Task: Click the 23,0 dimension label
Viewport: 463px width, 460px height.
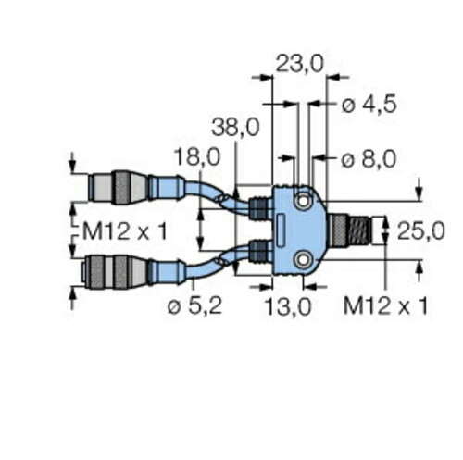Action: click(x=299, y=64)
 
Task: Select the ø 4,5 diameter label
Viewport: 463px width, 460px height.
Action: click(x=369, y=105)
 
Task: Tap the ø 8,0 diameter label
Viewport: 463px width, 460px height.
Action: click(x=369, y=160)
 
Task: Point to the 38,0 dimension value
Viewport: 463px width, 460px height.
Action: click(x=235, y=128)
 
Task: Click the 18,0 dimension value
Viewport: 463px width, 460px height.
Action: click(x=197, y=156)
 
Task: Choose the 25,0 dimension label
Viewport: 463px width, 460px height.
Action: click(x=420, y=230)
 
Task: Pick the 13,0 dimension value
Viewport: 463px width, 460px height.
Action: click(x=288, y=307)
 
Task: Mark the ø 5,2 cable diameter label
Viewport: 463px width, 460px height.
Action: click(x=194, y=306)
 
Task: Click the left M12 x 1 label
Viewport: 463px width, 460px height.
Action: click(x=125, y=231)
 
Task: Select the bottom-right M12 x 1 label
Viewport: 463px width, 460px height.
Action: click(x=385, y=305)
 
